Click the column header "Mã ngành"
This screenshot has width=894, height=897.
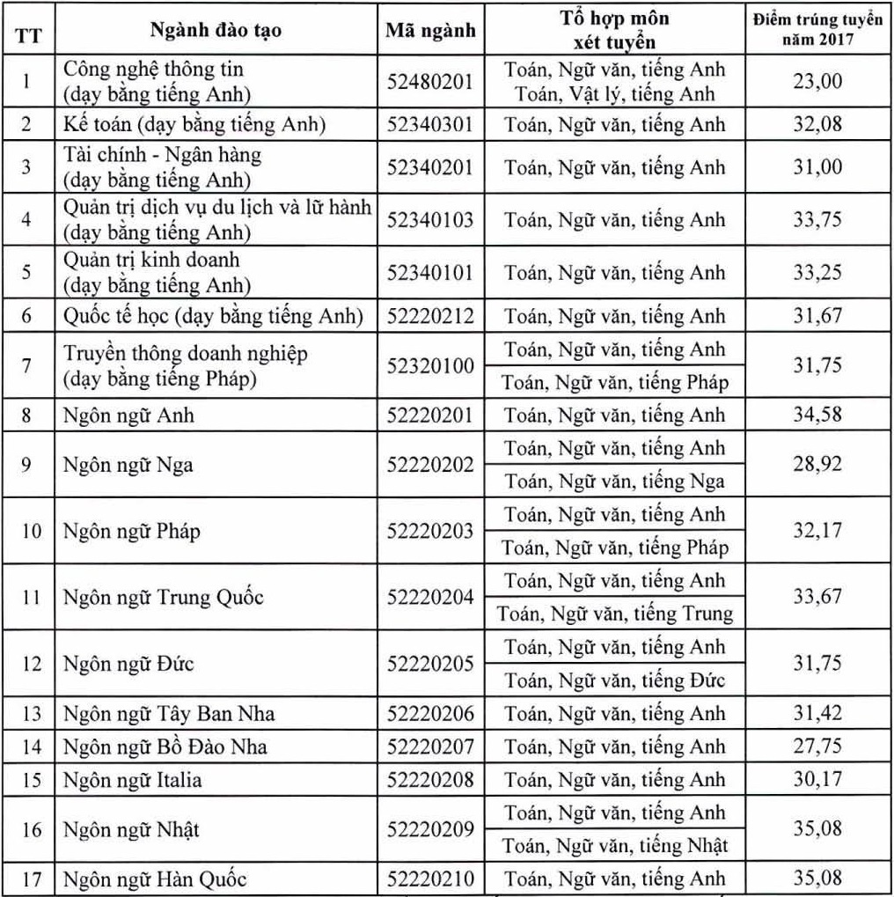click(x=430, y=31)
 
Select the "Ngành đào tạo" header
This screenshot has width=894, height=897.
click(x=216, y=31)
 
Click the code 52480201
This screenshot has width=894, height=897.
click(x=430, y=81)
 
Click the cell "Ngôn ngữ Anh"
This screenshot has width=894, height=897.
click(x=128, y=415)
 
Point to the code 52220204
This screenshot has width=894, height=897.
click(x=430, y=598)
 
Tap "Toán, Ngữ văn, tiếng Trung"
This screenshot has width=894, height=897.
click(x=615, y=613)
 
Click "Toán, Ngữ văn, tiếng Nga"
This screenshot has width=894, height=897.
click(x=615, y=481)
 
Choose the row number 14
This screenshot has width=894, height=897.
click(x=26, y=747)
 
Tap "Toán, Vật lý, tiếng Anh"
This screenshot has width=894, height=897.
click(x=615, y=93)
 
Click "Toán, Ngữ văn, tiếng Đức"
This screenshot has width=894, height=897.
click(x=615, y=680)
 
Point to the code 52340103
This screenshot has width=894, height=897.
click(x=430, y=220)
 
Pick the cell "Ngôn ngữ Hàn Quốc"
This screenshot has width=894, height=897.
click(x=155, y=879)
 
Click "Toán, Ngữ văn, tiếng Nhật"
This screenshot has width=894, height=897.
click(x=615, y=846)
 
